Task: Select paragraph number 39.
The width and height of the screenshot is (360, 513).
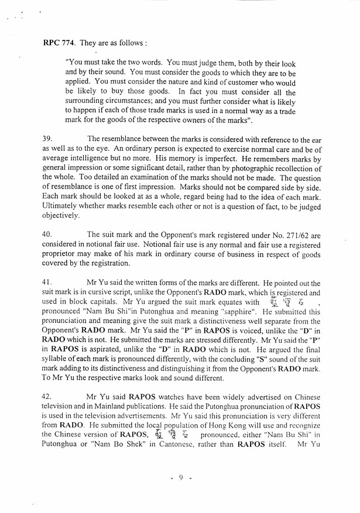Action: pyautogui.click(x=48, y=139)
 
